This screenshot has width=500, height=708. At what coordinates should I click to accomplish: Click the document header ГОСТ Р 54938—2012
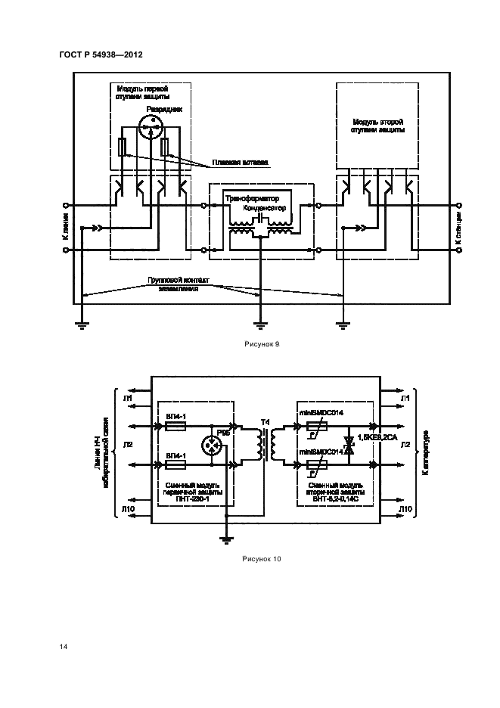pyautogui.click(x=101, y=56)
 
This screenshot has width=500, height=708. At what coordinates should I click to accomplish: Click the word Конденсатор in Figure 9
pyautogui.click(x=266, y=206)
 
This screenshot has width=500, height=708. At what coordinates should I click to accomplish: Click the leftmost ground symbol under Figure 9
pyautogui.click(x=82, y=325)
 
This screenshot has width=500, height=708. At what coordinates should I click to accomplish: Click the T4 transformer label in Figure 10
pyautogui.click(x=264, y=421)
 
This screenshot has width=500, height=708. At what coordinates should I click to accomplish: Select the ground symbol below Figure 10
pyautogui.click(x=225, y=540)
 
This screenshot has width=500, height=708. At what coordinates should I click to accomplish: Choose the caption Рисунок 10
pyautogui.click(x=261, y=559)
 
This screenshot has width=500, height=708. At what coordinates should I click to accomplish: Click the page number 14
pyautogui.click(x=64, y=647)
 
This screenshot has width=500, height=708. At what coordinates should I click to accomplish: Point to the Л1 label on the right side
pyautogui.click(x=405, y=397)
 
